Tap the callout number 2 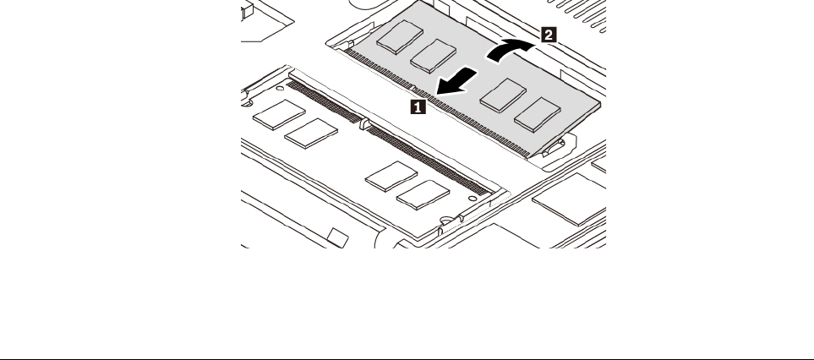click(x=548, y=35)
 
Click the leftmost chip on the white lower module click(x=276, y=113)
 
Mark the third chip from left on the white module click(x=386, y=176)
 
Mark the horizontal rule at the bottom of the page click(x=407, y=356)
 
